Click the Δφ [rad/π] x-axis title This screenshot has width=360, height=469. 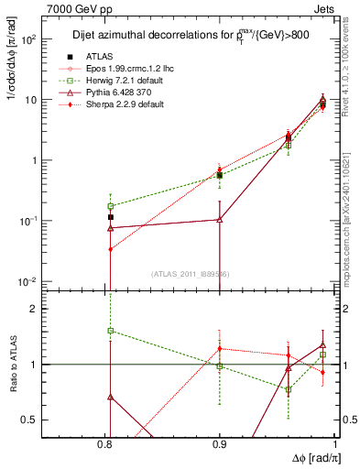(x=311, y=457)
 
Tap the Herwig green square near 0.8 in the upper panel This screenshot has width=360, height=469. (x=110, y=206)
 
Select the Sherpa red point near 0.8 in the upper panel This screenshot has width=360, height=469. (x=110, y=249)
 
